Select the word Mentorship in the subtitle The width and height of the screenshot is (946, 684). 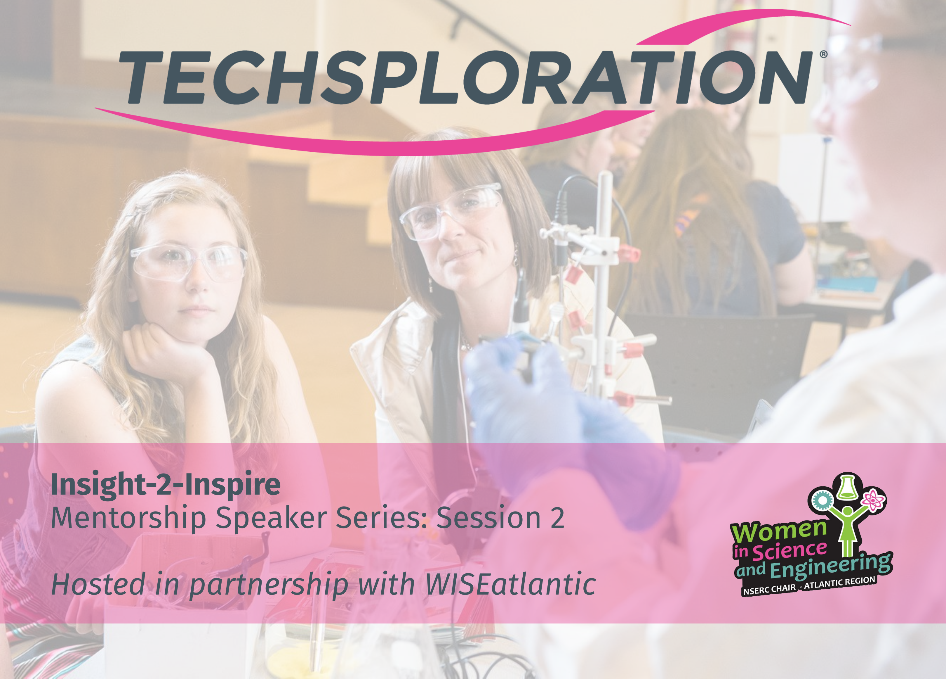click(x=128, y=519)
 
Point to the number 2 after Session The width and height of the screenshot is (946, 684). click(x=557, y=518)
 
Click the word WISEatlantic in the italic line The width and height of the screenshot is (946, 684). click(x=510, y=584)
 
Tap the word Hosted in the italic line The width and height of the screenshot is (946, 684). click(x=98, y=584)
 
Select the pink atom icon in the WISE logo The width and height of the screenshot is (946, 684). click(x=872, y=500)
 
